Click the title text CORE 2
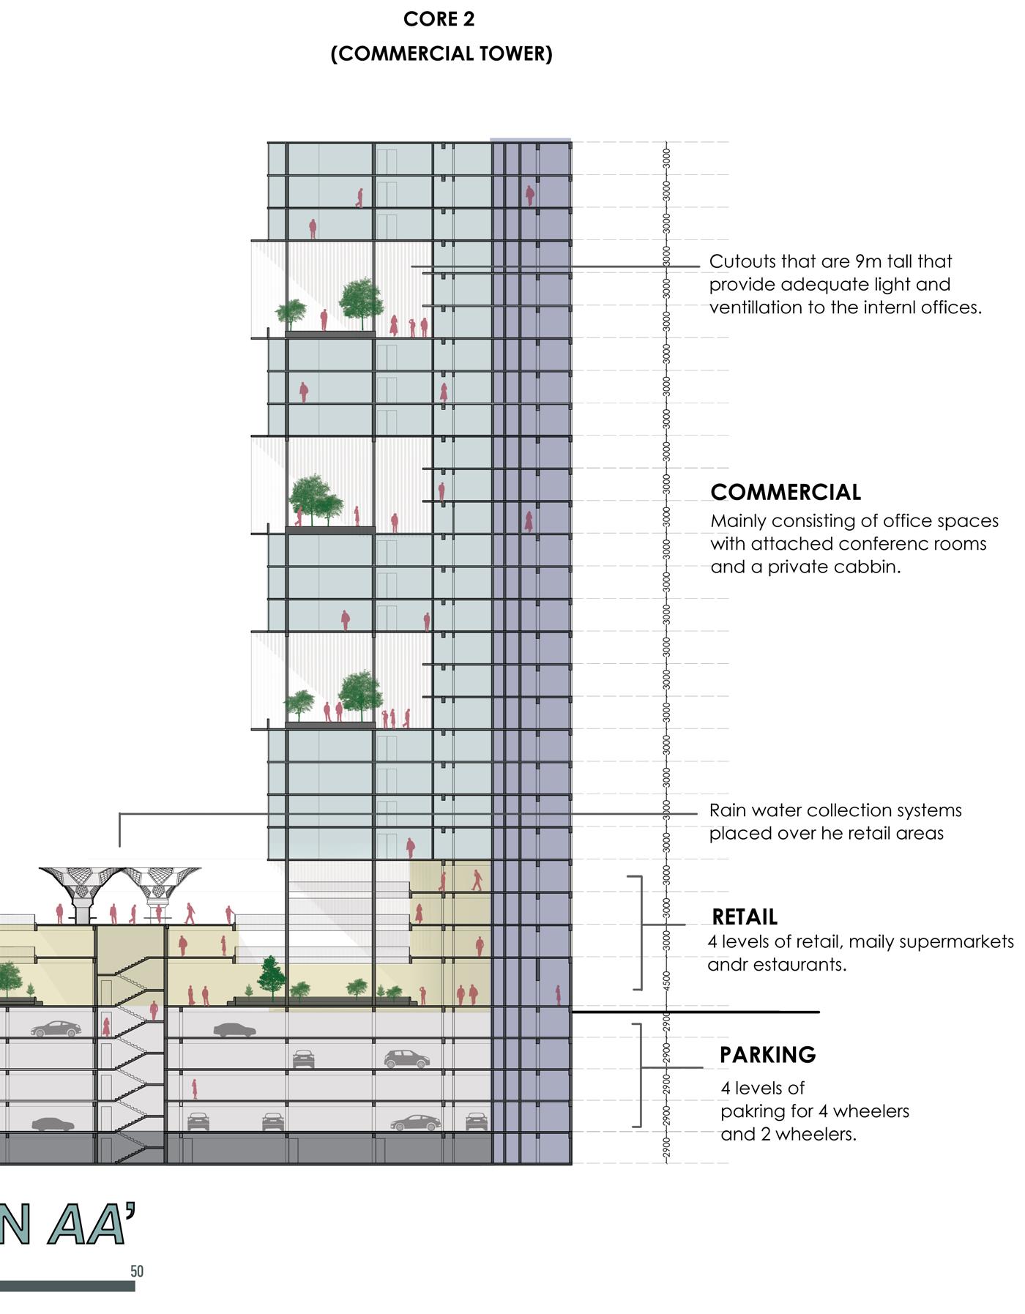pos(439,20)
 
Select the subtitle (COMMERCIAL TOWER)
pos(441,53)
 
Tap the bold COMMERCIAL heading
pos(786,492)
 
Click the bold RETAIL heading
pos(744,917)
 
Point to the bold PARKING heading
pos(767,1054)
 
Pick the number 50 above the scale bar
pos(137,1271)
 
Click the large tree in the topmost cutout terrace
pos(361,299)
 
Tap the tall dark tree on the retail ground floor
pos(272,975)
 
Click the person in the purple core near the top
pos(529,195)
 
